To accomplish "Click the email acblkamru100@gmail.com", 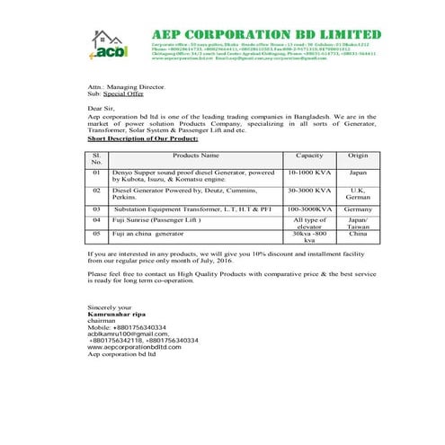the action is [124, 334].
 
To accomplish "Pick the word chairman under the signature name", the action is [102, 320].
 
